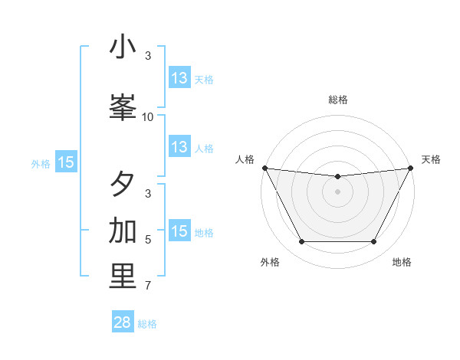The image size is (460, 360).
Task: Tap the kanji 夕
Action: point(123,185)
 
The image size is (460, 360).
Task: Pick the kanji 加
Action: point(123,231)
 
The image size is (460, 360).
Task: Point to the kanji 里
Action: point(123,277)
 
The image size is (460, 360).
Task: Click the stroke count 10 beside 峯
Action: point(148,117)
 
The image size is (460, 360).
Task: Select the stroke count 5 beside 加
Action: point(148,240)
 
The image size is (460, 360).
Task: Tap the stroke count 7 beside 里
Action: point(148,286)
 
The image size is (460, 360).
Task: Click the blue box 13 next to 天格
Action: point(179,78)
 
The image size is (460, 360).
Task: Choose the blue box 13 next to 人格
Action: point(179,148)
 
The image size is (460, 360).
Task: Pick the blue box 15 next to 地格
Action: point(179,231)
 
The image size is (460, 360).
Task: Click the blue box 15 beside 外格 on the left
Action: point(66,162)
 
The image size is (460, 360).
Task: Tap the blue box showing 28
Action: point(123,322)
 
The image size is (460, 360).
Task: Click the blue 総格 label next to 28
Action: point(148,324)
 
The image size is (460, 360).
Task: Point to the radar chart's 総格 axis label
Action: point(338,100)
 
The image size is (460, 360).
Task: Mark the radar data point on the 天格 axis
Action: point(411,168)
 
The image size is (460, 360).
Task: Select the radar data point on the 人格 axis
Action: point(264,168)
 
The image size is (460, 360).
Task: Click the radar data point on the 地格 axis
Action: point(374,242)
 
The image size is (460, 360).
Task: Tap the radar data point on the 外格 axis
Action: point(301,242)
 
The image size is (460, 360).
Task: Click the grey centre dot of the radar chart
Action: point(338,191)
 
